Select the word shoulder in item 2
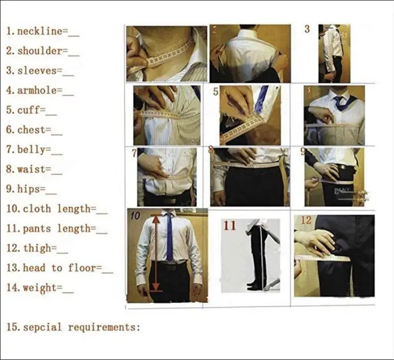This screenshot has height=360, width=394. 39,51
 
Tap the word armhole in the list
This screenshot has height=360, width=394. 37,90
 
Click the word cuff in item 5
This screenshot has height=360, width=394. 28,110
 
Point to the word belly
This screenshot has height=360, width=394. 31,149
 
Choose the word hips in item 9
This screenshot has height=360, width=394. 28,189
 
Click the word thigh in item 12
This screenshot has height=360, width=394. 37,249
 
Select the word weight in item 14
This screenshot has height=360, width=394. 39,288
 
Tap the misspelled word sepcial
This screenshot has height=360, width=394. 42,327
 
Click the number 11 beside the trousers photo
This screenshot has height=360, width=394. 230,226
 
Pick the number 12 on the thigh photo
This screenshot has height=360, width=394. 307,220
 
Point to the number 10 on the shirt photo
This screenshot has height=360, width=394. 135,215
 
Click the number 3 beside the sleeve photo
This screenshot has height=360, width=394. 307,29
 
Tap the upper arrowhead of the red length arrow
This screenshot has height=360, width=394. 156,220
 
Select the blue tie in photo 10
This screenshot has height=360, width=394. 170,237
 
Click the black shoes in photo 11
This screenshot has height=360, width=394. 254,286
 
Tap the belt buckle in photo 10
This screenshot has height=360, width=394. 172,267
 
